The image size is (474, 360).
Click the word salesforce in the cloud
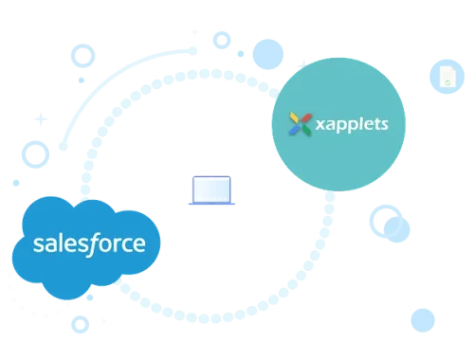89,244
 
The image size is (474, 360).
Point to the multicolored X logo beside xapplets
301,123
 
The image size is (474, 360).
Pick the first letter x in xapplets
319,125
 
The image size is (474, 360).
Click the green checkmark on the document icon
445,83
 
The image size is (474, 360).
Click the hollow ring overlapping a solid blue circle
384,219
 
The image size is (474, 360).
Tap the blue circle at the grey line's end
423,319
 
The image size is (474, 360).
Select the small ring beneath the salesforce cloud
81,323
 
